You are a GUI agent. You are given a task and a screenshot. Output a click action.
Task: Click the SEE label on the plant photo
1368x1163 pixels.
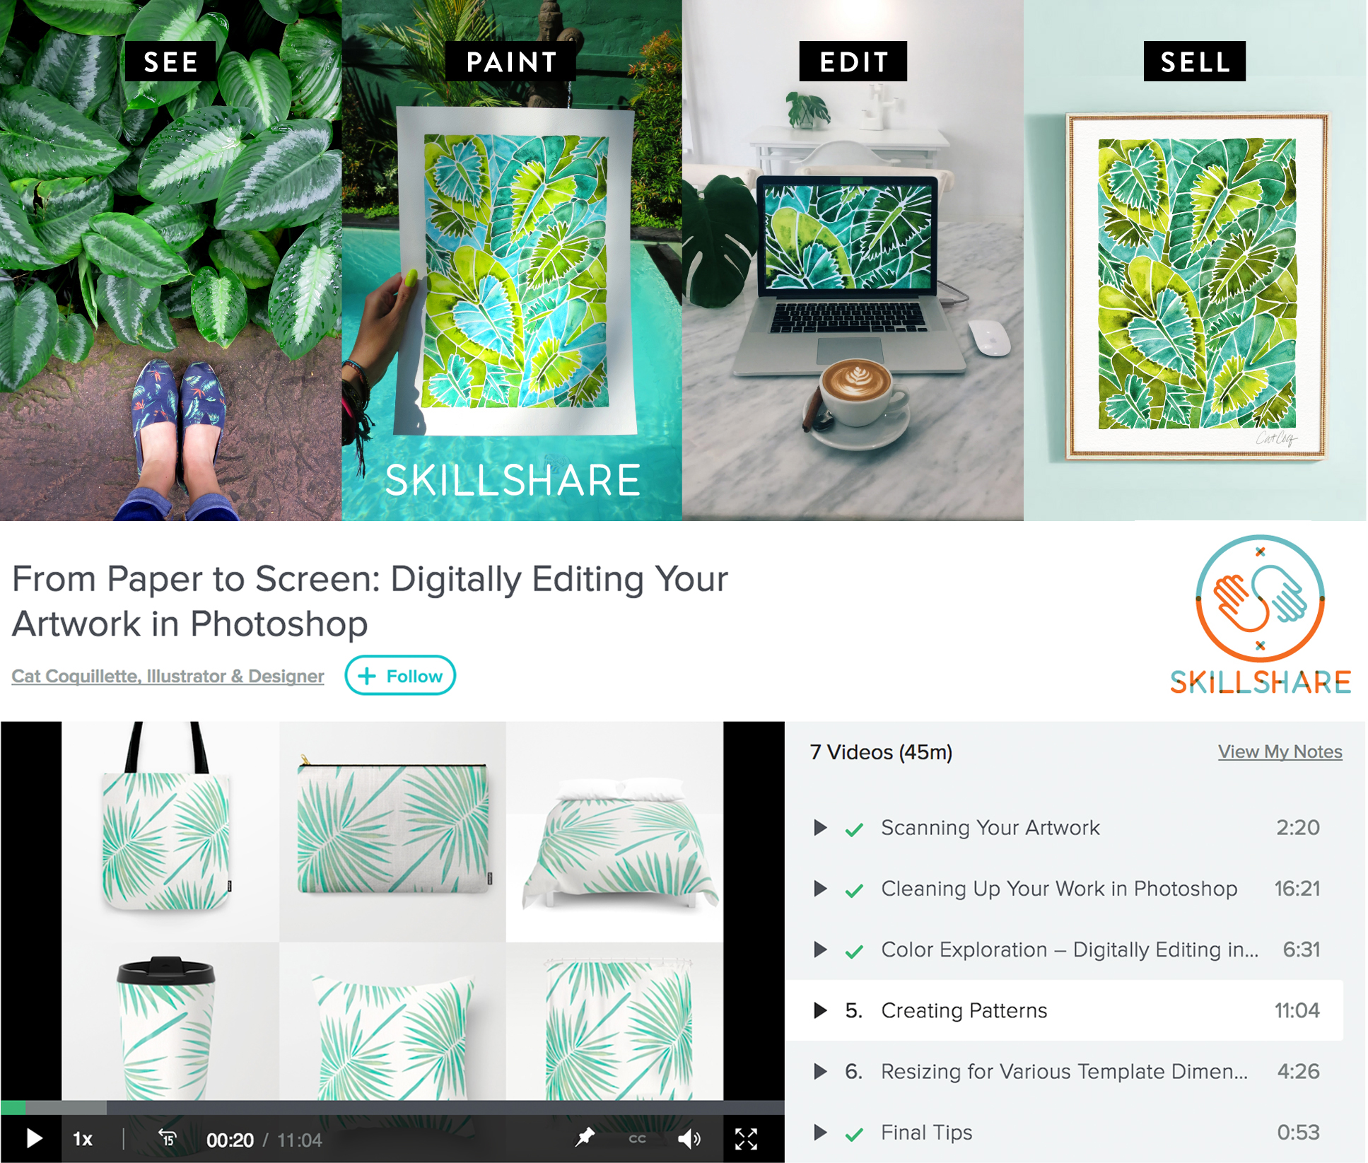coord(170,62)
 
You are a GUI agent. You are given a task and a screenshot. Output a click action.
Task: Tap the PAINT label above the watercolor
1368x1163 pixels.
coord(511,62)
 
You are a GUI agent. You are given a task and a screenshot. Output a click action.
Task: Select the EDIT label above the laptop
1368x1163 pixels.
coord(853,62)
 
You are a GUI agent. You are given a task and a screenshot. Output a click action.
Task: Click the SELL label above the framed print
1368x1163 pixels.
coord(1194,62)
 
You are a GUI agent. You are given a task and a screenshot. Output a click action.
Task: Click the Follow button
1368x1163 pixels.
coord(400,676)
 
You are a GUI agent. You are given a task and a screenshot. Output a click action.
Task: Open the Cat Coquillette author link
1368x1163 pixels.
coord(168,676)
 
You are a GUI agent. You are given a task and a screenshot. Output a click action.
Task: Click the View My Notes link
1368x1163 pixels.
coord(1279,752)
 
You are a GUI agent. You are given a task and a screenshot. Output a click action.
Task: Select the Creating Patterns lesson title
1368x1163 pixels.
coord(964,1010)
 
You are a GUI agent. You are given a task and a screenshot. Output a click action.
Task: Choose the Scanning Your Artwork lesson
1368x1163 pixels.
coord(990,827)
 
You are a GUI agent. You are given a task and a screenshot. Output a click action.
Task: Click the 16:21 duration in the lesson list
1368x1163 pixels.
coord(1297,889)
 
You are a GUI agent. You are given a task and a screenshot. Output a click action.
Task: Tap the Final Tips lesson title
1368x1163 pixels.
coord(926,1133)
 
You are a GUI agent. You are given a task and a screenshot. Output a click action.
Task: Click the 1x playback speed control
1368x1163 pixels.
coord(83,1139)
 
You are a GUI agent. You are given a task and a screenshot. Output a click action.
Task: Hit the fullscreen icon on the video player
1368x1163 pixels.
coord(746,1139)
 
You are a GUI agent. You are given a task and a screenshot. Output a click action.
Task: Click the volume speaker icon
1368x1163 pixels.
coord(689,1139)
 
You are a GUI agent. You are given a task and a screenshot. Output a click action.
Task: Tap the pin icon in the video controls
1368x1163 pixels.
coord(585,1138)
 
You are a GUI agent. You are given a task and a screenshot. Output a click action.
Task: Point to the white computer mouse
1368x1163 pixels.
coord(988,337)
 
